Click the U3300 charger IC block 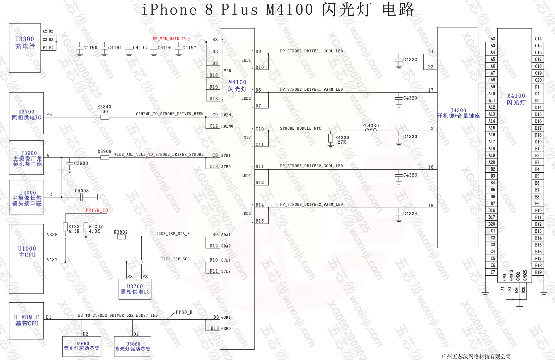point(25,48)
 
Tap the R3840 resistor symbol point(105,117)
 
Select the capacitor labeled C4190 point(80,48)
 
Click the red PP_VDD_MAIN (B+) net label point(171,39)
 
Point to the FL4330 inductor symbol point(371,130)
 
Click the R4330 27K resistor point(331,138)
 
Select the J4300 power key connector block point(458,138)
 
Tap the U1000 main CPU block point(26,259)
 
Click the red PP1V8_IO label point(97,211)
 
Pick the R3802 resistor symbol point(121,237)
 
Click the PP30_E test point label point(184,312)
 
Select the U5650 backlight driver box point(82,346)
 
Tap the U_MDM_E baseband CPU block point(27,320)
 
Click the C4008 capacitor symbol point(82,197)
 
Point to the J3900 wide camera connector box point(27,158)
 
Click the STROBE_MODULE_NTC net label point(300,128)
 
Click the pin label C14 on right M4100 point(538,39)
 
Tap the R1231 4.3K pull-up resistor point(65,227)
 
